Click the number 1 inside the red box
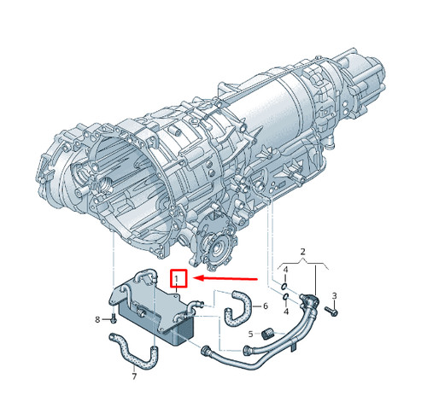click(177, 279)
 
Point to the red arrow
click(225, 278)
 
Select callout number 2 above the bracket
click(302, 252)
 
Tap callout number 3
click(335, 296)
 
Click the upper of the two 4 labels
click(286, 270)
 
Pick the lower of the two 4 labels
click(286, 312)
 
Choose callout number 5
click(250, 334)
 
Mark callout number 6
click(266, 306)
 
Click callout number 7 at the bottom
click(134, 376)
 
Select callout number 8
click(97, 320)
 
